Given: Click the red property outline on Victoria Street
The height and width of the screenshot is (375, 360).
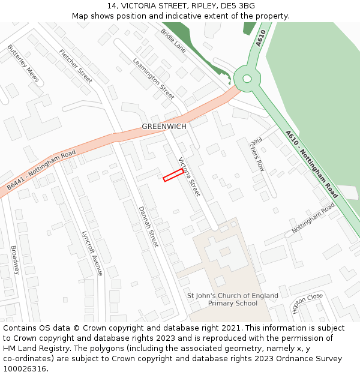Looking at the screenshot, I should click(173, 175).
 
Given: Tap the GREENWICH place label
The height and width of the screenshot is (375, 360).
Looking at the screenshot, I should click(164, 127).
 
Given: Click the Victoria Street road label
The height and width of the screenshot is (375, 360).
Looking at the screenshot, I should click(188, 177).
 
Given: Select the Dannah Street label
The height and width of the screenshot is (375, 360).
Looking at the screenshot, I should click(148, 226).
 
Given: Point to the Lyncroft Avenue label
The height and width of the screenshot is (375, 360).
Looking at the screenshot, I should click(92, 253).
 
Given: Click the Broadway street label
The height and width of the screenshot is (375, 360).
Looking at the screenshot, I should click(15, 259).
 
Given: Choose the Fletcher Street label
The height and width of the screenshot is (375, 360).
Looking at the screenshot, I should click(76, 67).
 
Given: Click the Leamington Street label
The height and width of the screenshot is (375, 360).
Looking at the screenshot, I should click(154, 79).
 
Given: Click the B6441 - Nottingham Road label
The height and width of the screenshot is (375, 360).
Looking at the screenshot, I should click(41, 170).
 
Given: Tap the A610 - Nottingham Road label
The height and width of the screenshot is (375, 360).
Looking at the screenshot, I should click(311, 164).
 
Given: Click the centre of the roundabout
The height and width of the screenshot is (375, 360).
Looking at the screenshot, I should click(246, 78).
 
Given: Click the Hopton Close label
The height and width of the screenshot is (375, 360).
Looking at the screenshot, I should click(307, 304).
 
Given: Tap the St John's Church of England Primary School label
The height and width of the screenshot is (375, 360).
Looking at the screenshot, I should click(233, 299).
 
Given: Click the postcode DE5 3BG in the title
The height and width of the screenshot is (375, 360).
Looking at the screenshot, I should click(238, 6).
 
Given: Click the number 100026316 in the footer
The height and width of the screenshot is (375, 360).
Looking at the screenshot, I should click(25, 368).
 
